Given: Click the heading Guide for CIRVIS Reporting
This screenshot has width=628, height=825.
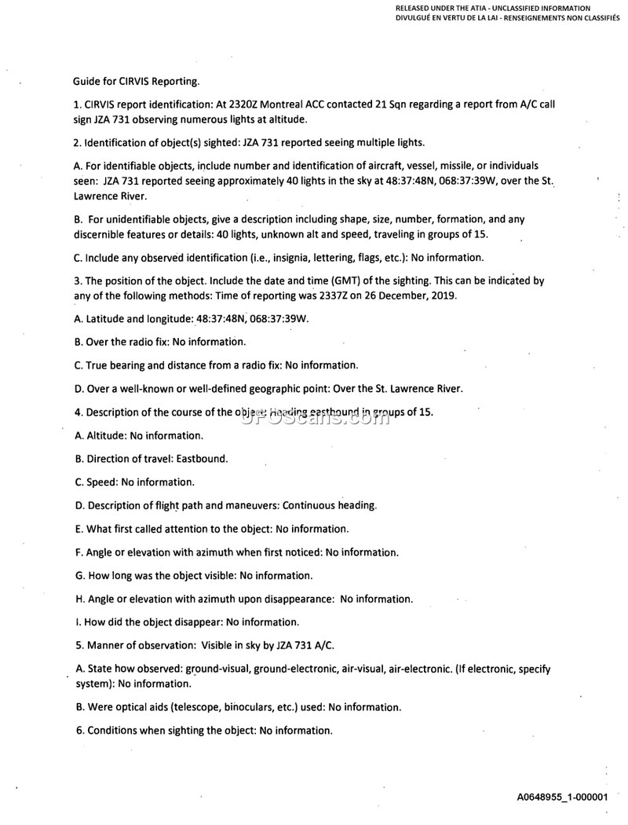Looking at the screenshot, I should click(136, 81).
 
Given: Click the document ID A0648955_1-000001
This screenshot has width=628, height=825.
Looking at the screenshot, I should click(562, 797).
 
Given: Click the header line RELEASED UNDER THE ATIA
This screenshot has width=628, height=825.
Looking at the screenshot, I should click(493, 8).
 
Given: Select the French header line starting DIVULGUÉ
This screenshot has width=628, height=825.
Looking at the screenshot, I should click(502, 16).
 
